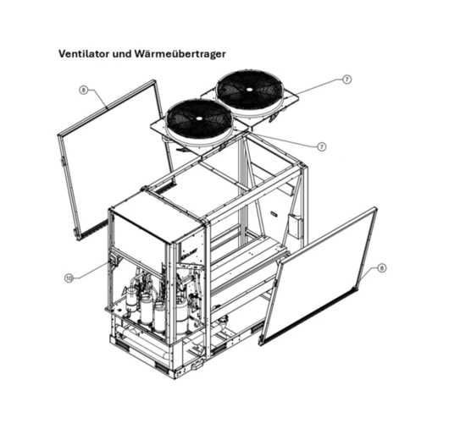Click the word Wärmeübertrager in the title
pos(189,52)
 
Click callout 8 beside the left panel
pos(83,89)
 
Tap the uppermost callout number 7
pos(346,79)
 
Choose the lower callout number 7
pos(321,146)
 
